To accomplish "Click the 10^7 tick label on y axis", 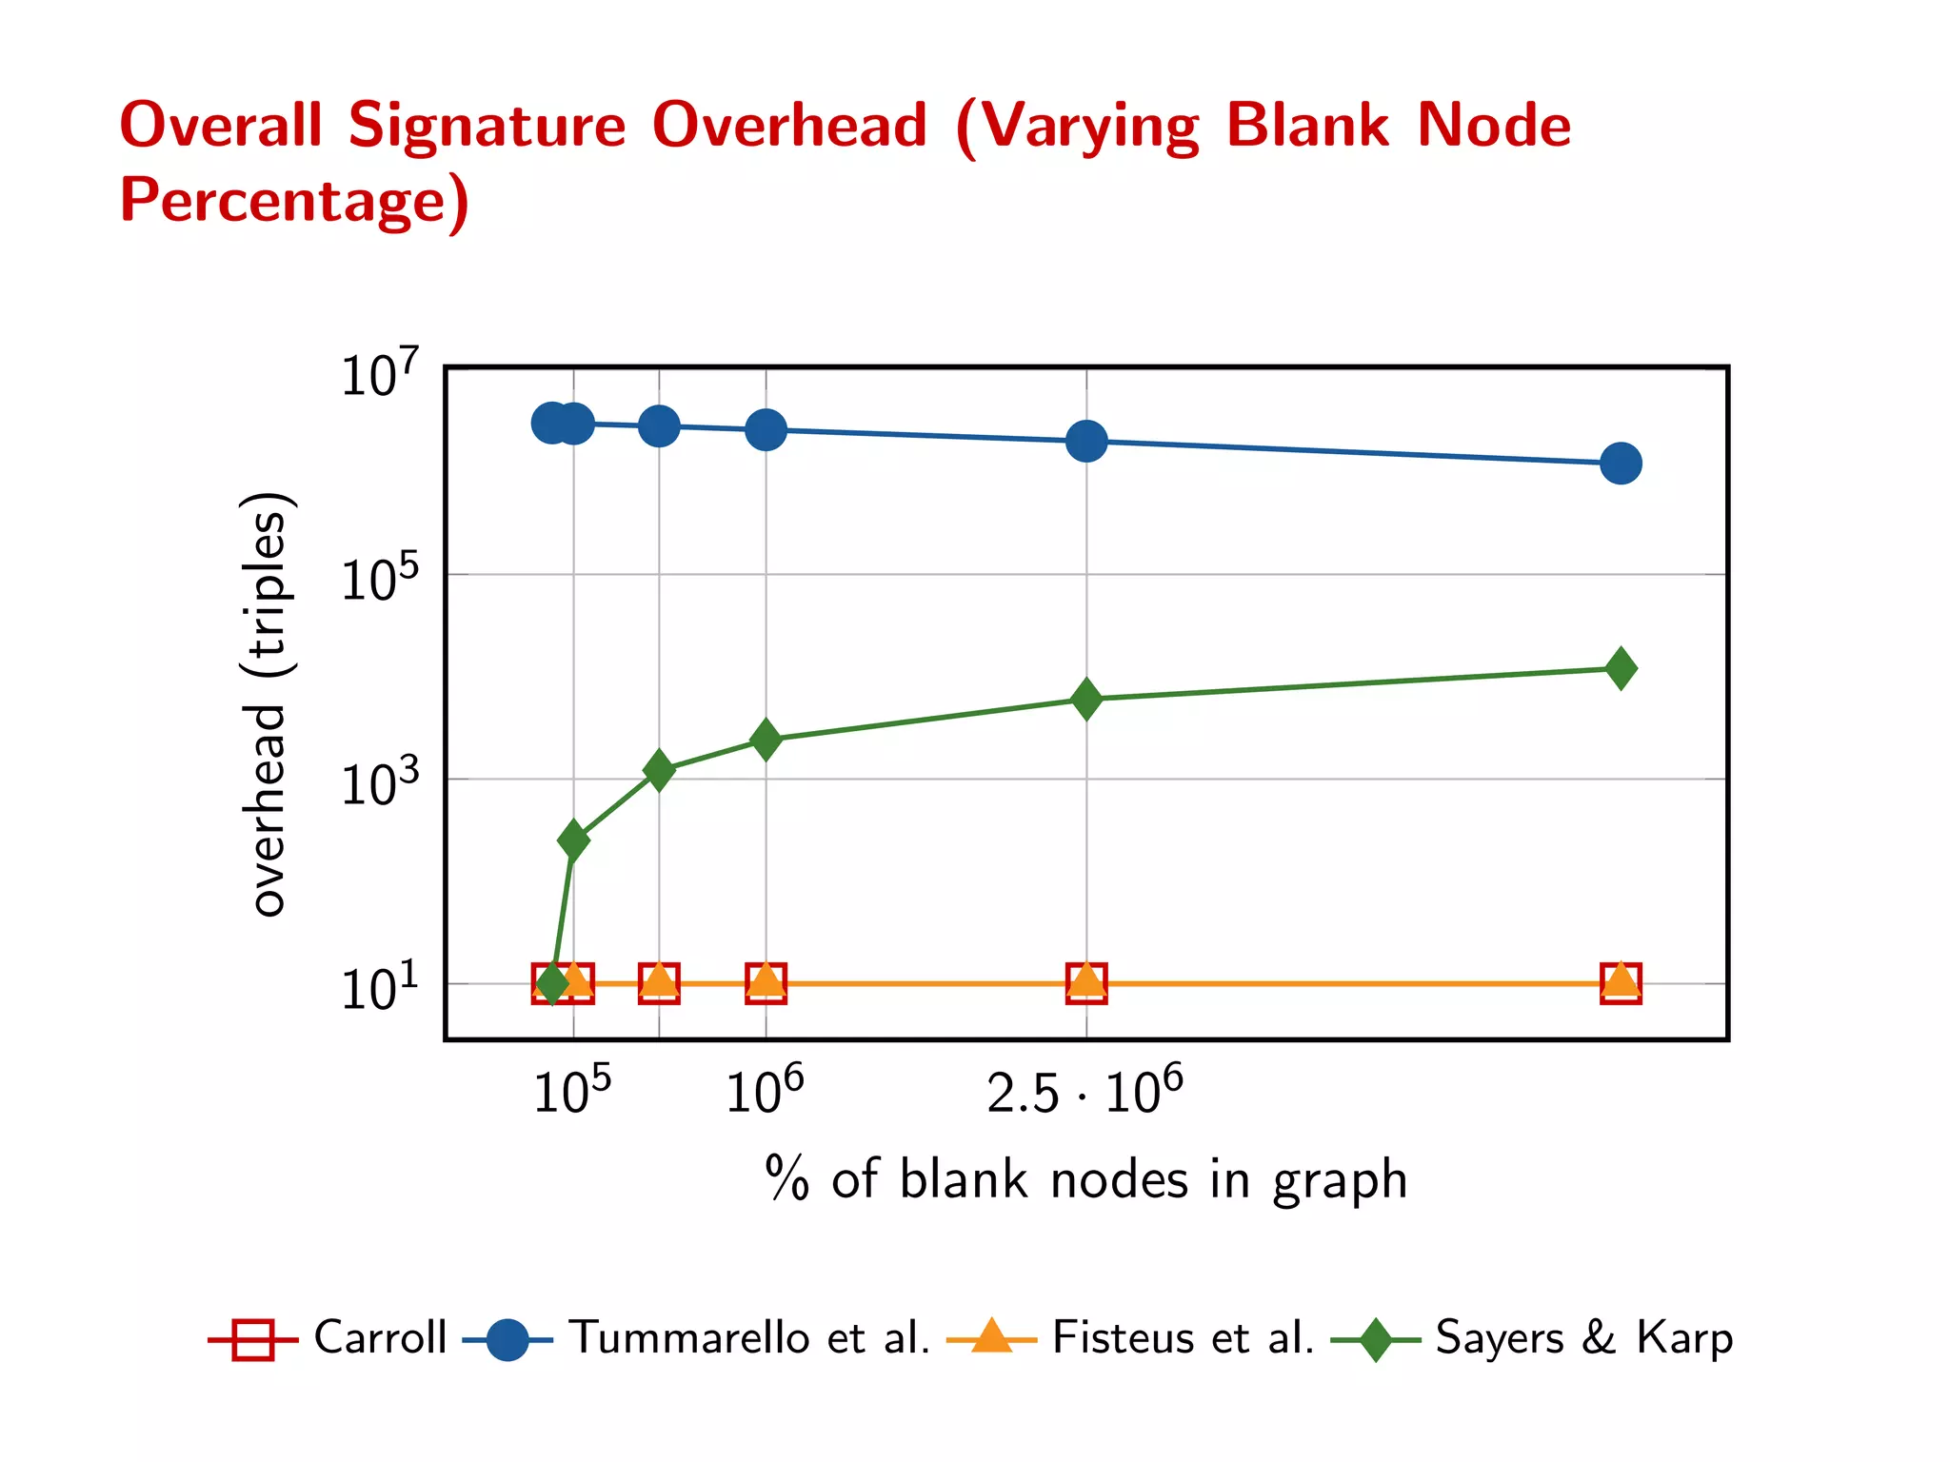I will (379, 374).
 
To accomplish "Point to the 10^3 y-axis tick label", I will (379, 784).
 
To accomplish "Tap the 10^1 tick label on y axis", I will (379, 989).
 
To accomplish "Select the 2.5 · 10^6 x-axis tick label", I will (1084, 1092).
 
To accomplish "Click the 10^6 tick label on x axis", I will (765, 1092).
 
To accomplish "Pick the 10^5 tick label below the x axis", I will (571, 1092).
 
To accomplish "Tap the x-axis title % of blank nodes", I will (1085, 1180).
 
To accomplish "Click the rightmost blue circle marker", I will (1621, 464).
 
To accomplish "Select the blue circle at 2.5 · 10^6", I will (1086, 441).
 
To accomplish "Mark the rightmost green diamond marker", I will (1621, 668).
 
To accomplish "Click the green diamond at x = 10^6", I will (766, 740).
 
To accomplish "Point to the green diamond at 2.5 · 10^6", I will (1086, 700).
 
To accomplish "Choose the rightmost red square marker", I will (1621, 982).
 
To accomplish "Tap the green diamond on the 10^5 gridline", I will (573, 840).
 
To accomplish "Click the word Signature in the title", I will (487, 126).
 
